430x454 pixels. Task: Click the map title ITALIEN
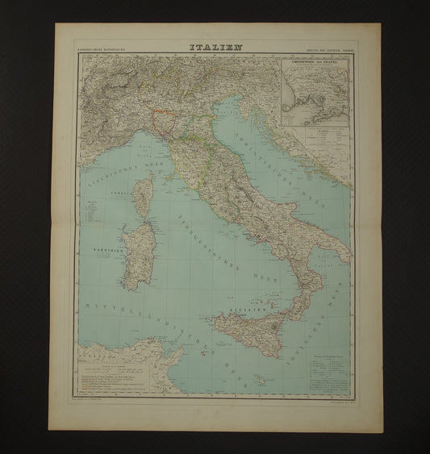click(x=215, y=48)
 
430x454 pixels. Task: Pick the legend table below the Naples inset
click(x=316, y=136)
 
